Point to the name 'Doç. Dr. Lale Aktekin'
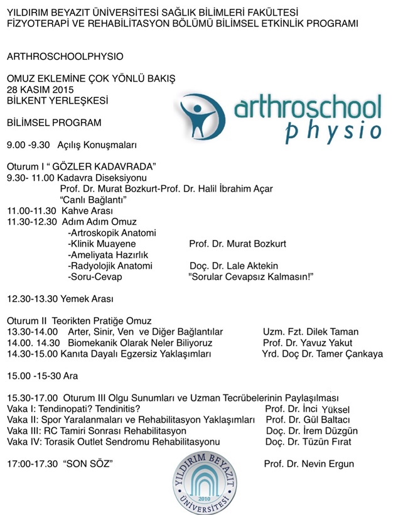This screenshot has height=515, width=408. coord(234,266)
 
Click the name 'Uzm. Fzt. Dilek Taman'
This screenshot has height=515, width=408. coord(311,332)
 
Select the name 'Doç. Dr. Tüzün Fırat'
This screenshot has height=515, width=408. coord(308,442)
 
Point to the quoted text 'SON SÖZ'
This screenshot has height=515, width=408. coord(87,464)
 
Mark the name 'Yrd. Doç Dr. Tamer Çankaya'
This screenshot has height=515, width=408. coord(322,354)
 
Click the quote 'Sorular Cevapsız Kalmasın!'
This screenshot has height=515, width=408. coord(250,277)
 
